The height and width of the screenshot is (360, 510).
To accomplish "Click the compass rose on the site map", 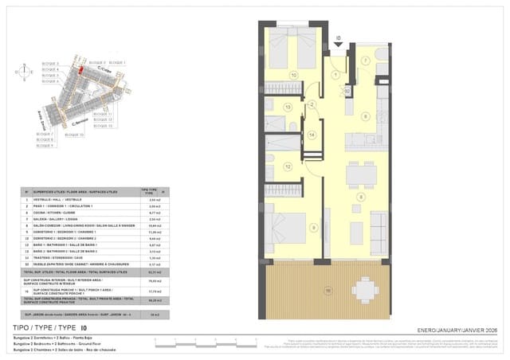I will click(x=24, y=72).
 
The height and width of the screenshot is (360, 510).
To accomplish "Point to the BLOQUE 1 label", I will click(x=117, y=62).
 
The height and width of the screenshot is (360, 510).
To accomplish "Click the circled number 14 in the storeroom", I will click(x=312, y=135).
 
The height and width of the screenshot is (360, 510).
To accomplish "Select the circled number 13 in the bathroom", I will click(x=288, y=106).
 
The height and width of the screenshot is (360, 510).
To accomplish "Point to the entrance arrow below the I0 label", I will click(x=338, y=46).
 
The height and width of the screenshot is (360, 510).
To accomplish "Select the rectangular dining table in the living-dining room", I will click(x=362, y=173).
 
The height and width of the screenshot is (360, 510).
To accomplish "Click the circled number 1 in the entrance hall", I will click(x=336, y=75).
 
